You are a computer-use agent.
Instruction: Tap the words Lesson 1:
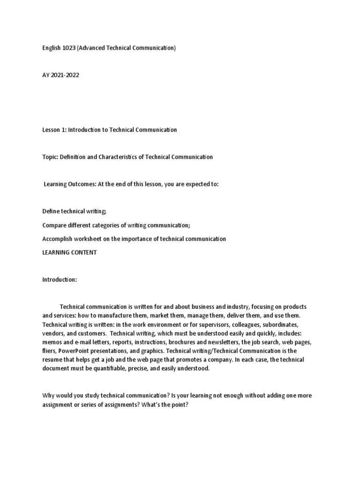54,130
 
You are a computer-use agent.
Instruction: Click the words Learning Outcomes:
70,184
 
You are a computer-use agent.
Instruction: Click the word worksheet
89,239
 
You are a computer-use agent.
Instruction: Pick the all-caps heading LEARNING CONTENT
69,253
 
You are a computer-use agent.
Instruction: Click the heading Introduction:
59,280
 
